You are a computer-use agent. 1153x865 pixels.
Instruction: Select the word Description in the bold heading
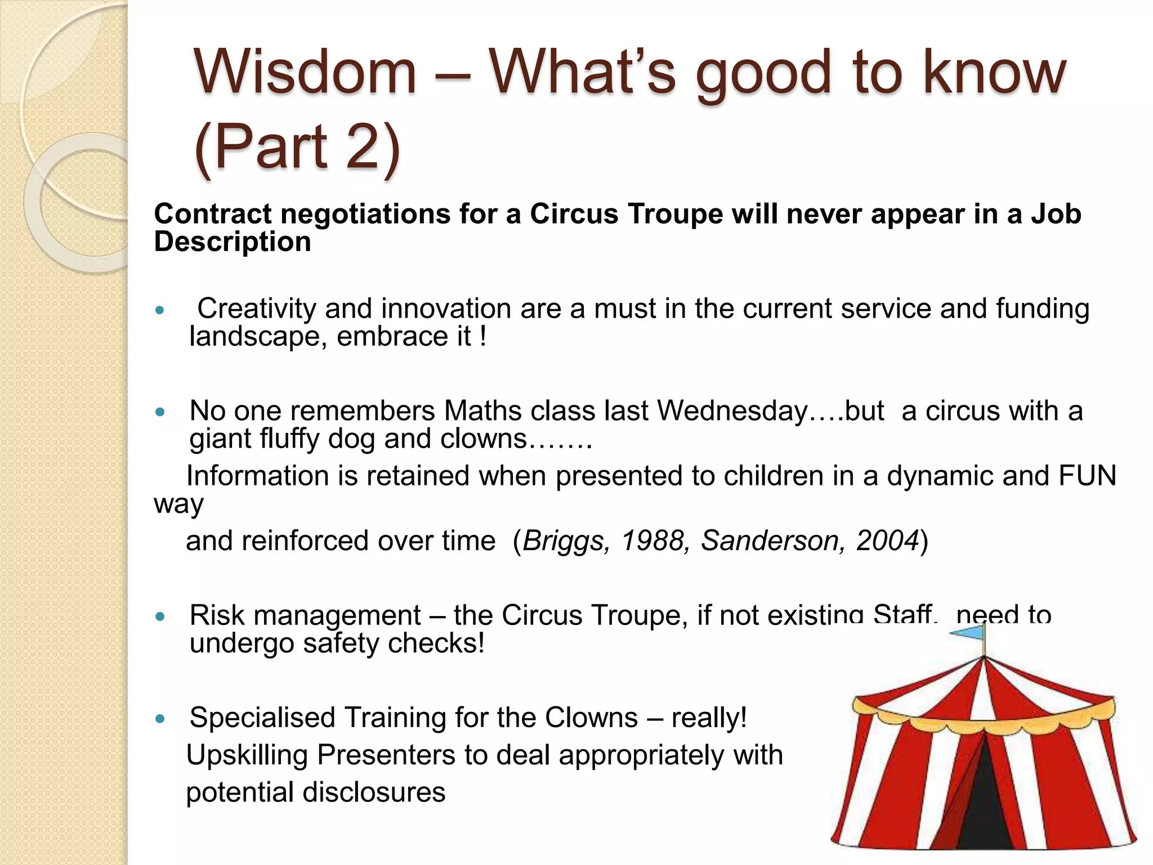232,242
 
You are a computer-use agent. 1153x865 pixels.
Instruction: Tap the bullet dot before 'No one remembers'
160,412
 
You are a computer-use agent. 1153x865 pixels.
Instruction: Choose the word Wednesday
732,411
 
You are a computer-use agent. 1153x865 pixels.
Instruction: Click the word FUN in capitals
1087,476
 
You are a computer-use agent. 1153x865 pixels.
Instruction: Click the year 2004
888,541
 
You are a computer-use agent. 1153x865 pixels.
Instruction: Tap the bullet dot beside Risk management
160,616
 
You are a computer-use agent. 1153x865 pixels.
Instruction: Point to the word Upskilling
247,756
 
